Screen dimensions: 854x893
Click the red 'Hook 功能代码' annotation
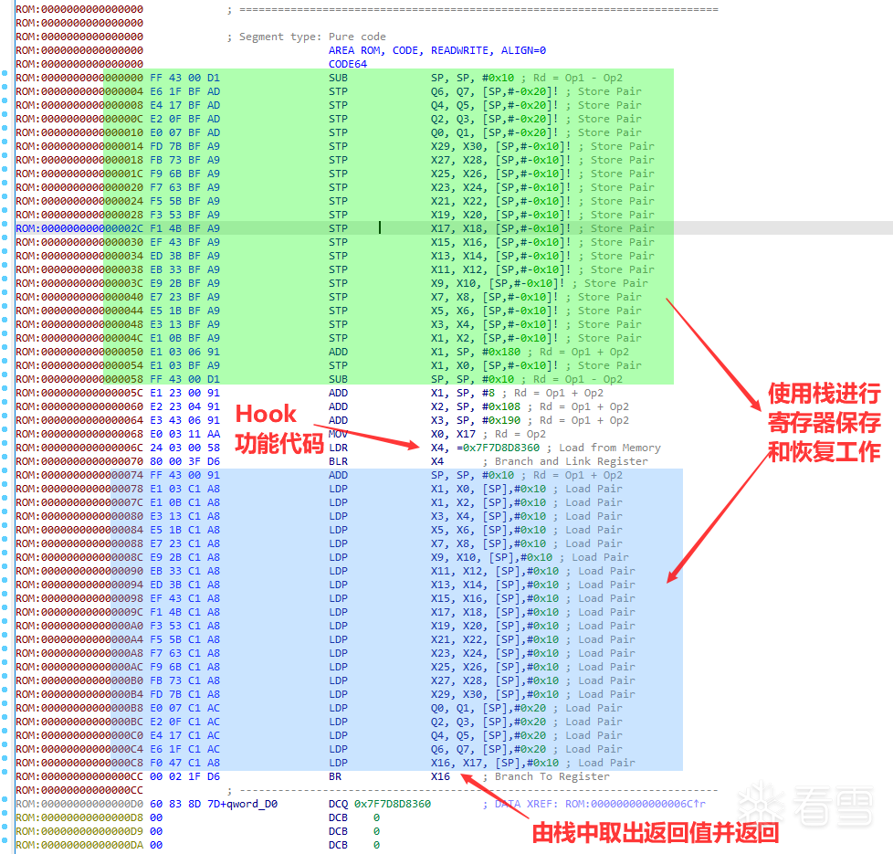click(279, 428)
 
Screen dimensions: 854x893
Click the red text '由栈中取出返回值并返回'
click(656, 832)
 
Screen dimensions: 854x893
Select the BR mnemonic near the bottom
click(335, 776)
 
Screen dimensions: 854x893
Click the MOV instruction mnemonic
click(338, 434)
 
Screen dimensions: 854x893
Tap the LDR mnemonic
click(338, 448)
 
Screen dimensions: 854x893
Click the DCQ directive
click(338, 804)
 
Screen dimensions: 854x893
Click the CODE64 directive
click(347, 64)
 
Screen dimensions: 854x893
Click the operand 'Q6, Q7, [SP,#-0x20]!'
click(493, 91)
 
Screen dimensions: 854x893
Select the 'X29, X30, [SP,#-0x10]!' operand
click(502, 146)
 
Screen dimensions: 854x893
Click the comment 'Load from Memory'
click(609, 448)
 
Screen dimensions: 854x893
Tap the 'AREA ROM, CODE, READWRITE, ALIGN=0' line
click(436, 50)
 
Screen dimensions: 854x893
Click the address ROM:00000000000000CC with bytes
click(79, 776)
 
